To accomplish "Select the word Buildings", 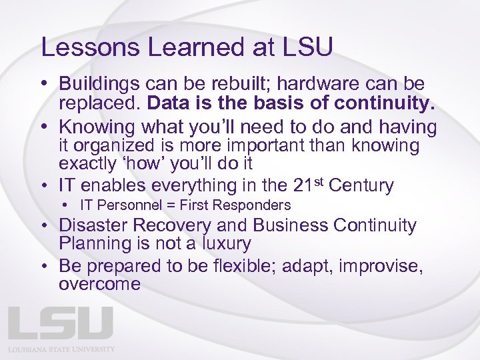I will coord(99,85).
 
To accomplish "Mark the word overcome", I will coord(99,285).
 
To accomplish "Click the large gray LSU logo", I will coord(61,324).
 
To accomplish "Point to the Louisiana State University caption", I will coord(61,349).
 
